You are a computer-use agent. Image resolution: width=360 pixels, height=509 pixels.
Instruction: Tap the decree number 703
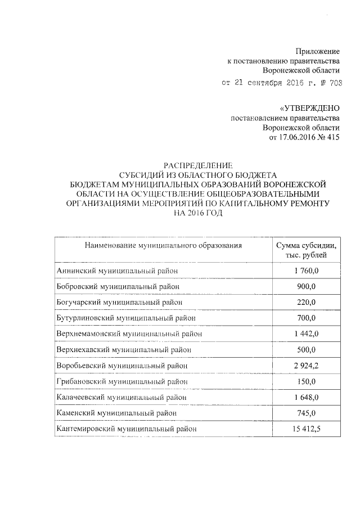(x=334, y=83)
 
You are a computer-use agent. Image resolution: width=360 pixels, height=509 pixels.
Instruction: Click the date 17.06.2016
(x=297, y=137)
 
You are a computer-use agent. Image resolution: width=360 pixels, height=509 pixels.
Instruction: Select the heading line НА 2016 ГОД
(x=195, y=213)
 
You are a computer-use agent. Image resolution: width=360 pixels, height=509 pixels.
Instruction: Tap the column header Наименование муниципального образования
(x=163, y=245)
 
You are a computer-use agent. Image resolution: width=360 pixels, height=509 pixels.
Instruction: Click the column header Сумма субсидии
(x=306, y=246)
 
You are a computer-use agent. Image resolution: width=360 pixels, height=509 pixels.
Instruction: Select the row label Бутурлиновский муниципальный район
(x=126, y=318)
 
